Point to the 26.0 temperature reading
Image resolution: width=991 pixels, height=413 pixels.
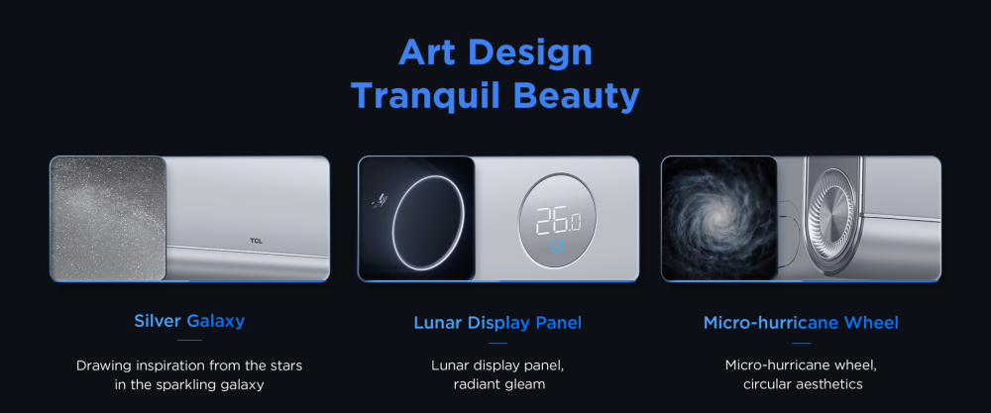557,222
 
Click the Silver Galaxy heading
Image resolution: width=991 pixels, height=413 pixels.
189,321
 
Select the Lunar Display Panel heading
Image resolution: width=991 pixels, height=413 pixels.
498,323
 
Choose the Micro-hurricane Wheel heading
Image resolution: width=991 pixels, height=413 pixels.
801,323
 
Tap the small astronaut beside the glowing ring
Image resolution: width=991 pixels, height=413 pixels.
378,201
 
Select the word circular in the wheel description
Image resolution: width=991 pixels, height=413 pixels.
766,384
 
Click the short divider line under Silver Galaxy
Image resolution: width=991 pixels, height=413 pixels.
189,341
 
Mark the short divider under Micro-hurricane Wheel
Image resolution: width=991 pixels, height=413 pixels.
801,344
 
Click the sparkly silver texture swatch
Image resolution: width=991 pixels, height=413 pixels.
108,219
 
